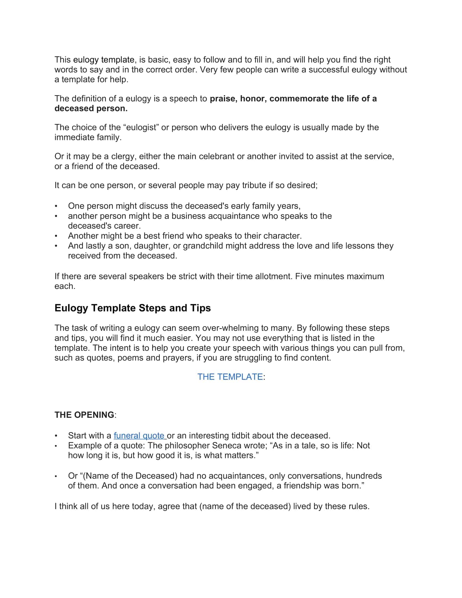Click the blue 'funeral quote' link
[x=139, y=436]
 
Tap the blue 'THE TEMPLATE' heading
[x=230, y=377]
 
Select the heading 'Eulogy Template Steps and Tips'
[x=132, y=308]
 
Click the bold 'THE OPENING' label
[x=84, y=415]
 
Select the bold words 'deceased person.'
[x=91, y=108]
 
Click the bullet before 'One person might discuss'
[x=56, y=206]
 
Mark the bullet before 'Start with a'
[x=56, y=436]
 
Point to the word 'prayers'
[x=178, y=358]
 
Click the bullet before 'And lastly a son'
[x=56, y=246]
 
